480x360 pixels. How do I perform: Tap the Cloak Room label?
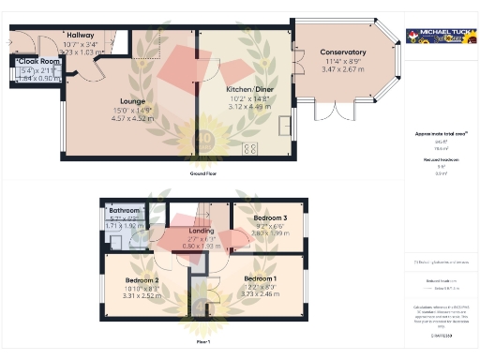40,62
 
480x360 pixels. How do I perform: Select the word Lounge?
132,98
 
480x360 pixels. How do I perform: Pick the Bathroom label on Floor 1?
123,211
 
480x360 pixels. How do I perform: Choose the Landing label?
202,230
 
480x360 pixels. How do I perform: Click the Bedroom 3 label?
270,218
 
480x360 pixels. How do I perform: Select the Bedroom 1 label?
261,278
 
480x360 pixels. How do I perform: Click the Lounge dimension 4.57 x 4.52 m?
132,118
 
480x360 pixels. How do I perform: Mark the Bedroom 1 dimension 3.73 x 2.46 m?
261,295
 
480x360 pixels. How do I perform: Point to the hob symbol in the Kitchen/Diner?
252,147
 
